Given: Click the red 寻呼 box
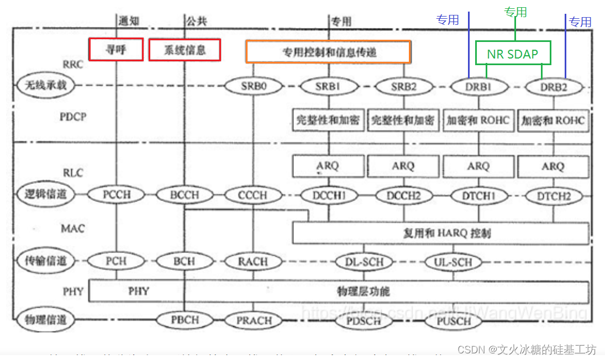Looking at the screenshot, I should pos(116,50).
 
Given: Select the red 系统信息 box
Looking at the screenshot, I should pos(185,50).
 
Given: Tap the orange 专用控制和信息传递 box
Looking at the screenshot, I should pos(328,52).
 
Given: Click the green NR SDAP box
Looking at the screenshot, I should pos(513,53).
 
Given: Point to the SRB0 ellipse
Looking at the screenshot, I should pos(254,86).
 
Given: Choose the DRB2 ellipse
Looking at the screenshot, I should pos(553,87).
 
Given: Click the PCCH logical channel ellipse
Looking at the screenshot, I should pos(116,195).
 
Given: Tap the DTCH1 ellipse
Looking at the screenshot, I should pos(478,195).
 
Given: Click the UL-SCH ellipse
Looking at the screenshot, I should pos(453,262).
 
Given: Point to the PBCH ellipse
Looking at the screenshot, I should pos(185,320).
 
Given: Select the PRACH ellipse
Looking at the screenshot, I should pos(254,320).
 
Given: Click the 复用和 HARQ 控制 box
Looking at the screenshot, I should pos(440,233).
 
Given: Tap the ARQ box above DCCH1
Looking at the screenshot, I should pos(328,166).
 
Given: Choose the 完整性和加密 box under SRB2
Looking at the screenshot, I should pos(403,120).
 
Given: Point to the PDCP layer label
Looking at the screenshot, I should pos(73,117).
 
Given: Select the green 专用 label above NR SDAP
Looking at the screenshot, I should pos(515,12).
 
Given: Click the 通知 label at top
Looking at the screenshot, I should pos(128,21).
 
